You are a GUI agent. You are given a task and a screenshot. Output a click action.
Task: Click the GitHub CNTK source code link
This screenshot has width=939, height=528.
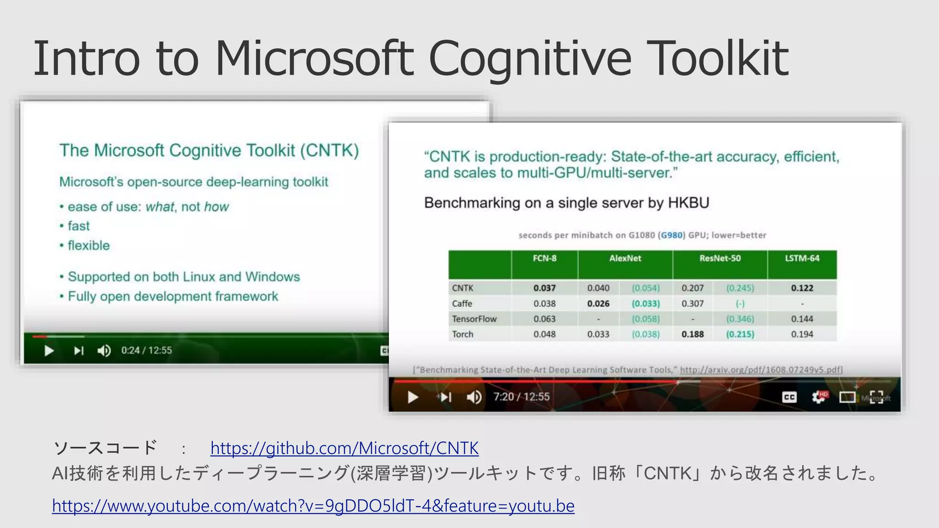(344, 448)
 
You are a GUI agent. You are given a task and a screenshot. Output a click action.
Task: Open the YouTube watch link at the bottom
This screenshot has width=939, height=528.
(313, 506)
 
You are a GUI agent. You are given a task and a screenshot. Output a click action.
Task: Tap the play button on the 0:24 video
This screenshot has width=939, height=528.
(49, 351)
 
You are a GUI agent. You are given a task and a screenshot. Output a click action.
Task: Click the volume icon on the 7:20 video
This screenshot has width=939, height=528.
(474, 397)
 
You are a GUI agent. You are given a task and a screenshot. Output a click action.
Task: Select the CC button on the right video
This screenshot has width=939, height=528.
(789, 397)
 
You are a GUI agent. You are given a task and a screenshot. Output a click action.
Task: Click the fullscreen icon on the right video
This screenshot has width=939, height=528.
(877, 397)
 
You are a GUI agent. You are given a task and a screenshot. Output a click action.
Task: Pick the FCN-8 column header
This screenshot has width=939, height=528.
(544, 258)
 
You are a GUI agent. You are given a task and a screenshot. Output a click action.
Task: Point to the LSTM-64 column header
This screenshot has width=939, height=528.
(802, 258)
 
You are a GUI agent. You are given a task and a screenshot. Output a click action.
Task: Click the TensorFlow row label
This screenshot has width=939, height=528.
(474, 319)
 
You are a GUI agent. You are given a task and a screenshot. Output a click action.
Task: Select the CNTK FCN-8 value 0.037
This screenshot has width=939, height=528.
(544, 288)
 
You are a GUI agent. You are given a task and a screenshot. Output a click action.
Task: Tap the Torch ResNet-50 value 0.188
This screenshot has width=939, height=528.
(692, 335)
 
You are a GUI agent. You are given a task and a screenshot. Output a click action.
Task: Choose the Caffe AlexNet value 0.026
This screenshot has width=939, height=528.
(598, 304)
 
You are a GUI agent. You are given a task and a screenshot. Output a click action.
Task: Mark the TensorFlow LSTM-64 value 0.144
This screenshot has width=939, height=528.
(802, 319)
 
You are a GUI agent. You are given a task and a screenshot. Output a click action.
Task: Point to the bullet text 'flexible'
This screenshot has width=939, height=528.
(89, 246)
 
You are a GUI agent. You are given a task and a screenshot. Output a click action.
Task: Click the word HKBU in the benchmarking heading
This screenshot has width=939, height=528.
(688, 203)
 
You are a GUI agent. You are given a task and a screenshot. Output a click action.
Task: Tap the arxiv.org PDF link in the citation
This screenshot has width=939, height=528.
(761, 370)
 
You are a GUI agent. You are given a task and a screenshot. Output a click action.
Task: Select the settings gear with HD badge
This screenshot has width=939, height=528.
(818, 397)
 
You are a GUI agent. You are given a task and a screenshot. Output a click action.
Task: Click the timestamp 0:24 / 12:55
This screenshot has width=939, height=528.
(146, 351)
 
